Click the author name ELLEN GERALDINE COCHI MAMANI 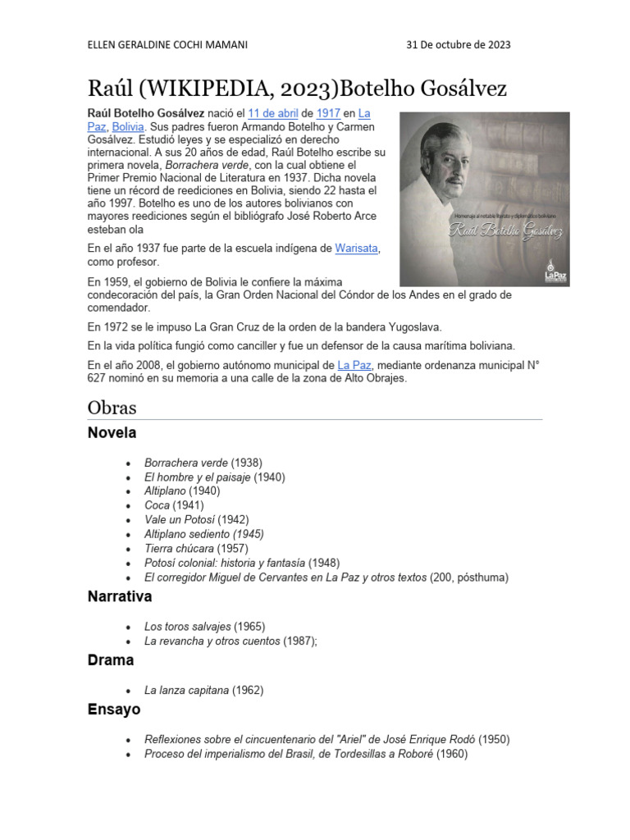point(167,44)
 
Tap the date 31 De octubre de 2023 point(459,44)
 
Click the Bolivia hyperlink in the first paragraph point(128,127)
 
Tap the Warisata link point(356,247)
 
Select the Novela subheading point(112,433)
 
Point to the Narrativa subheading point(120,597)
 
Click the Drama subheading point(111,660)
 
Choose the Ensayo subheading point(114,710)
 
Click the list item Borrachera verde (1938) point(203,463)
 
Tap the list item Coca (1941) point(174,505)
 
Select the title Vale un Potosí point(185,519)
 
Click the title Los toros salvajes point(188,627)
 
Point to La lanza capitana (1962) point(203,690)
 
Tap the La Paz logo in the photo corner point(555,272)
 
